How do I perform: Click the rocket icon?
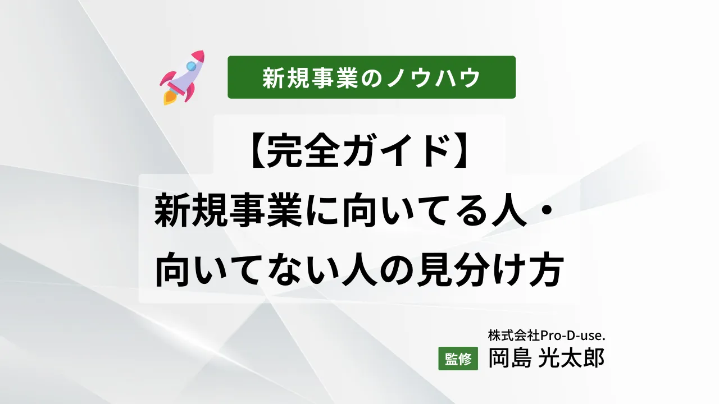click(x=183, y=78)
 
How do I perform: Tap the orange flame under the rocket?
click(x=169, y=98)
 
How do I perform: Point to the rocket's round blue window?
click(x=191, y=66)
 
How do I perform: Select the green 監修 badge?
click(x=458, y=360)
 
